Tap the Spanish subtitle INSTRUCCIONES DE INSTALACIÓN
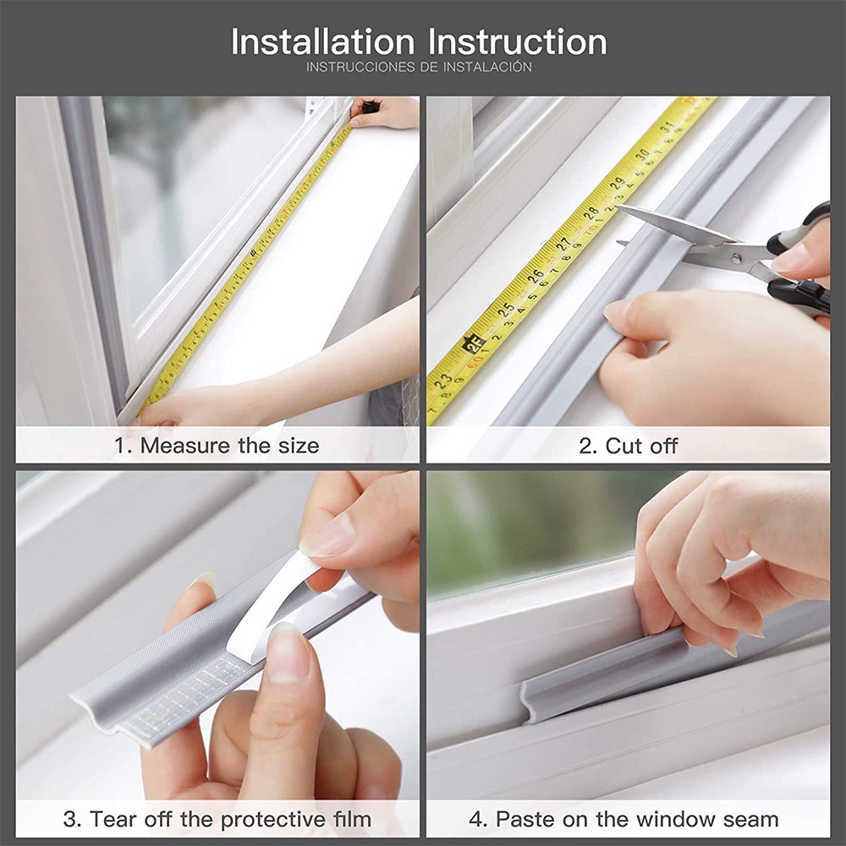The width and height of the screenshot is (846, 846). click(x=419, y=67)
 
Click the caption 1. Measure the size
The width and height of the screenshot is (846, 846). click(x=217, y=446)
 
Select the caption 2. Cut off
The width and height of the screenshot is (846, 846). click(x=628, y=446)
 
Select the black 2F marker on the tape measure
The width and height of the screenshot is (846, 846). click(x=472, y=345)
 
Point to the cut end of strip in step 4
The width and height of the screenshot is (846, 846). click(x=529, y=701)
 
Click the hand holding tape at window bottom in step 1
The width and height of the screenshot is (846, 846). click(x=182, y=409)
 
